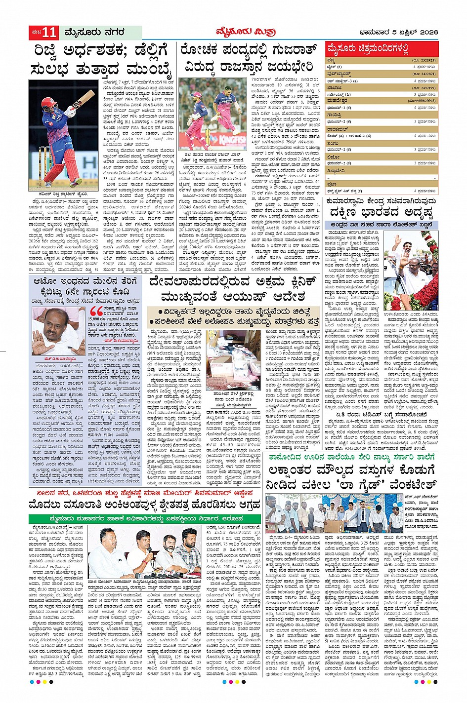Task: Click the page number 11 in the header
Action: (49, 33)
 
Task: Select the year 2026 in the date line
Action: (426, 33)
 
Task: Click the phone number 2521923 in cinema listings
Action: (425, 60)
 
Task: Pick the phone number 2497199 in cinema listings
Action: (425, 87)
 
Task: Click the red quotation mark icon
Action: (96, 312)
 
